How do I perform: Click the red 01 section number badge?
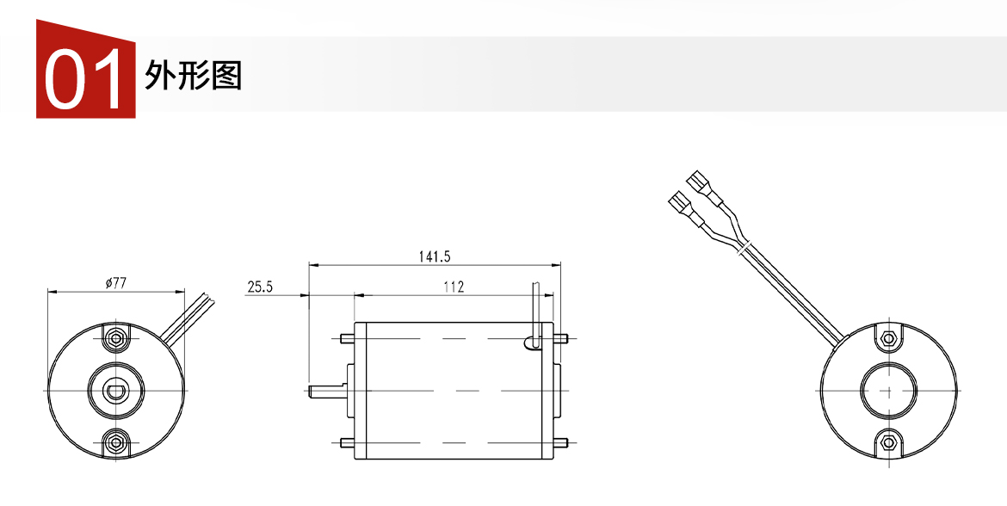85,70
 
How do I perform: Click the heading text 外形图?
193,76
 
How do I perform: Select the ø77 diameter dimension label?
115,282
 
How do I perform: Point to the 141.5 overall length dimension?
435,256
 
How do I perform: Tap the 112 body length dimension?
454,287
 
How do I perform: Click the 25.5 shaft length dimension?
260,287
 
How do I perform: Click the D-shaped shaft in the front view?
115,391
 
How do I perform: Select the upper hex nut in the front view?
116,338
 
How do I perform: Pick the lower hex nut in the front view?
116,441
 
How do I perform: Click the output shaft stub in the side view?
327,391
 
